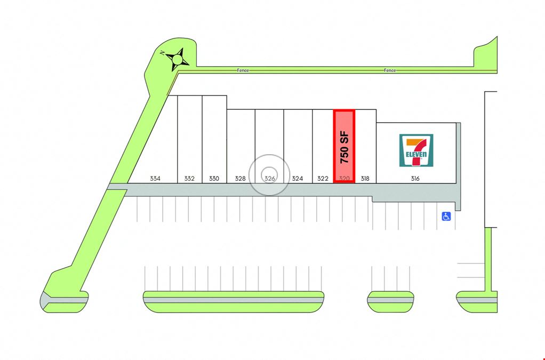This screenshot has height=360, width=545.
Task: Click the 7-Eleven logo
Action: [x=416, y=150]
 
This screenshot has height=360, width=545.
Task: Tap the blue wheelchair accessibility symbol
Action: [x=446, y=217]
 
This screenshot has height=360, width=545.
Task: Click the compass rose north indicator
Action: [x=177, y=59]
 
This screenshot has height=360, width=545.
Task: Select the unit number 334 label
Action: [x=155, y=179]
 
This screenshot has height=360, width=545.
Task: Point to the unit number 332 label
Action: [x=189, y=179]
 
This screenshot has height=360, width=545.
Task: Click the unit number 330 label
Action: [x=214, y=179]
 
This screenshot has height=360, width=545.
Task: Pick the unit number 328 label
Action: [x=240, y=179]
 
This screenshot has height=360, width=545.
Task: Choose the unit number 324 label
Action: [x=297, y=179]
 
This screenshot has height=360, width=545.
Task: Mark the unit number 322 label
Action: [x=323, y=179]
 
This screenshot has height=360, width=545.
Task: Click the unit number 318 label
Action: [x=365, y=179]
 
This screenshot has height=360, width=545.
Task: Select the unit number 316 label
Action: [x=415, y=179]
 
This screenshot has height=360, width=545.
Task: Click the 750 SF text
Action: [x=344, y=147]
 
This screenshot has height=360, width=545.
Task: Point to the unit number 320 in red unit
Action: [x=344, y=179]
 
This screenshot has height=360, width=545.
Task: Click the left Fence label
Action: [x=243, y=70]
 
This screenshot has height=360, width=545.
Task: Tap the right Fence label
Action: [x=390, y=70]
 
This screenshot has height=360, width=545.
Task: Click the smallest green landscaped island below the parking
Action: [x=391, y=302]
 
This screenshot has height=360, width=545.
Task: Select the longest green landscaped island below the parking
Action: [x=234, y=302]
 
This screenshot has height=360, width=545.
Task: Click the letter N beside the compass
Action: [x=162, y=53]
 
